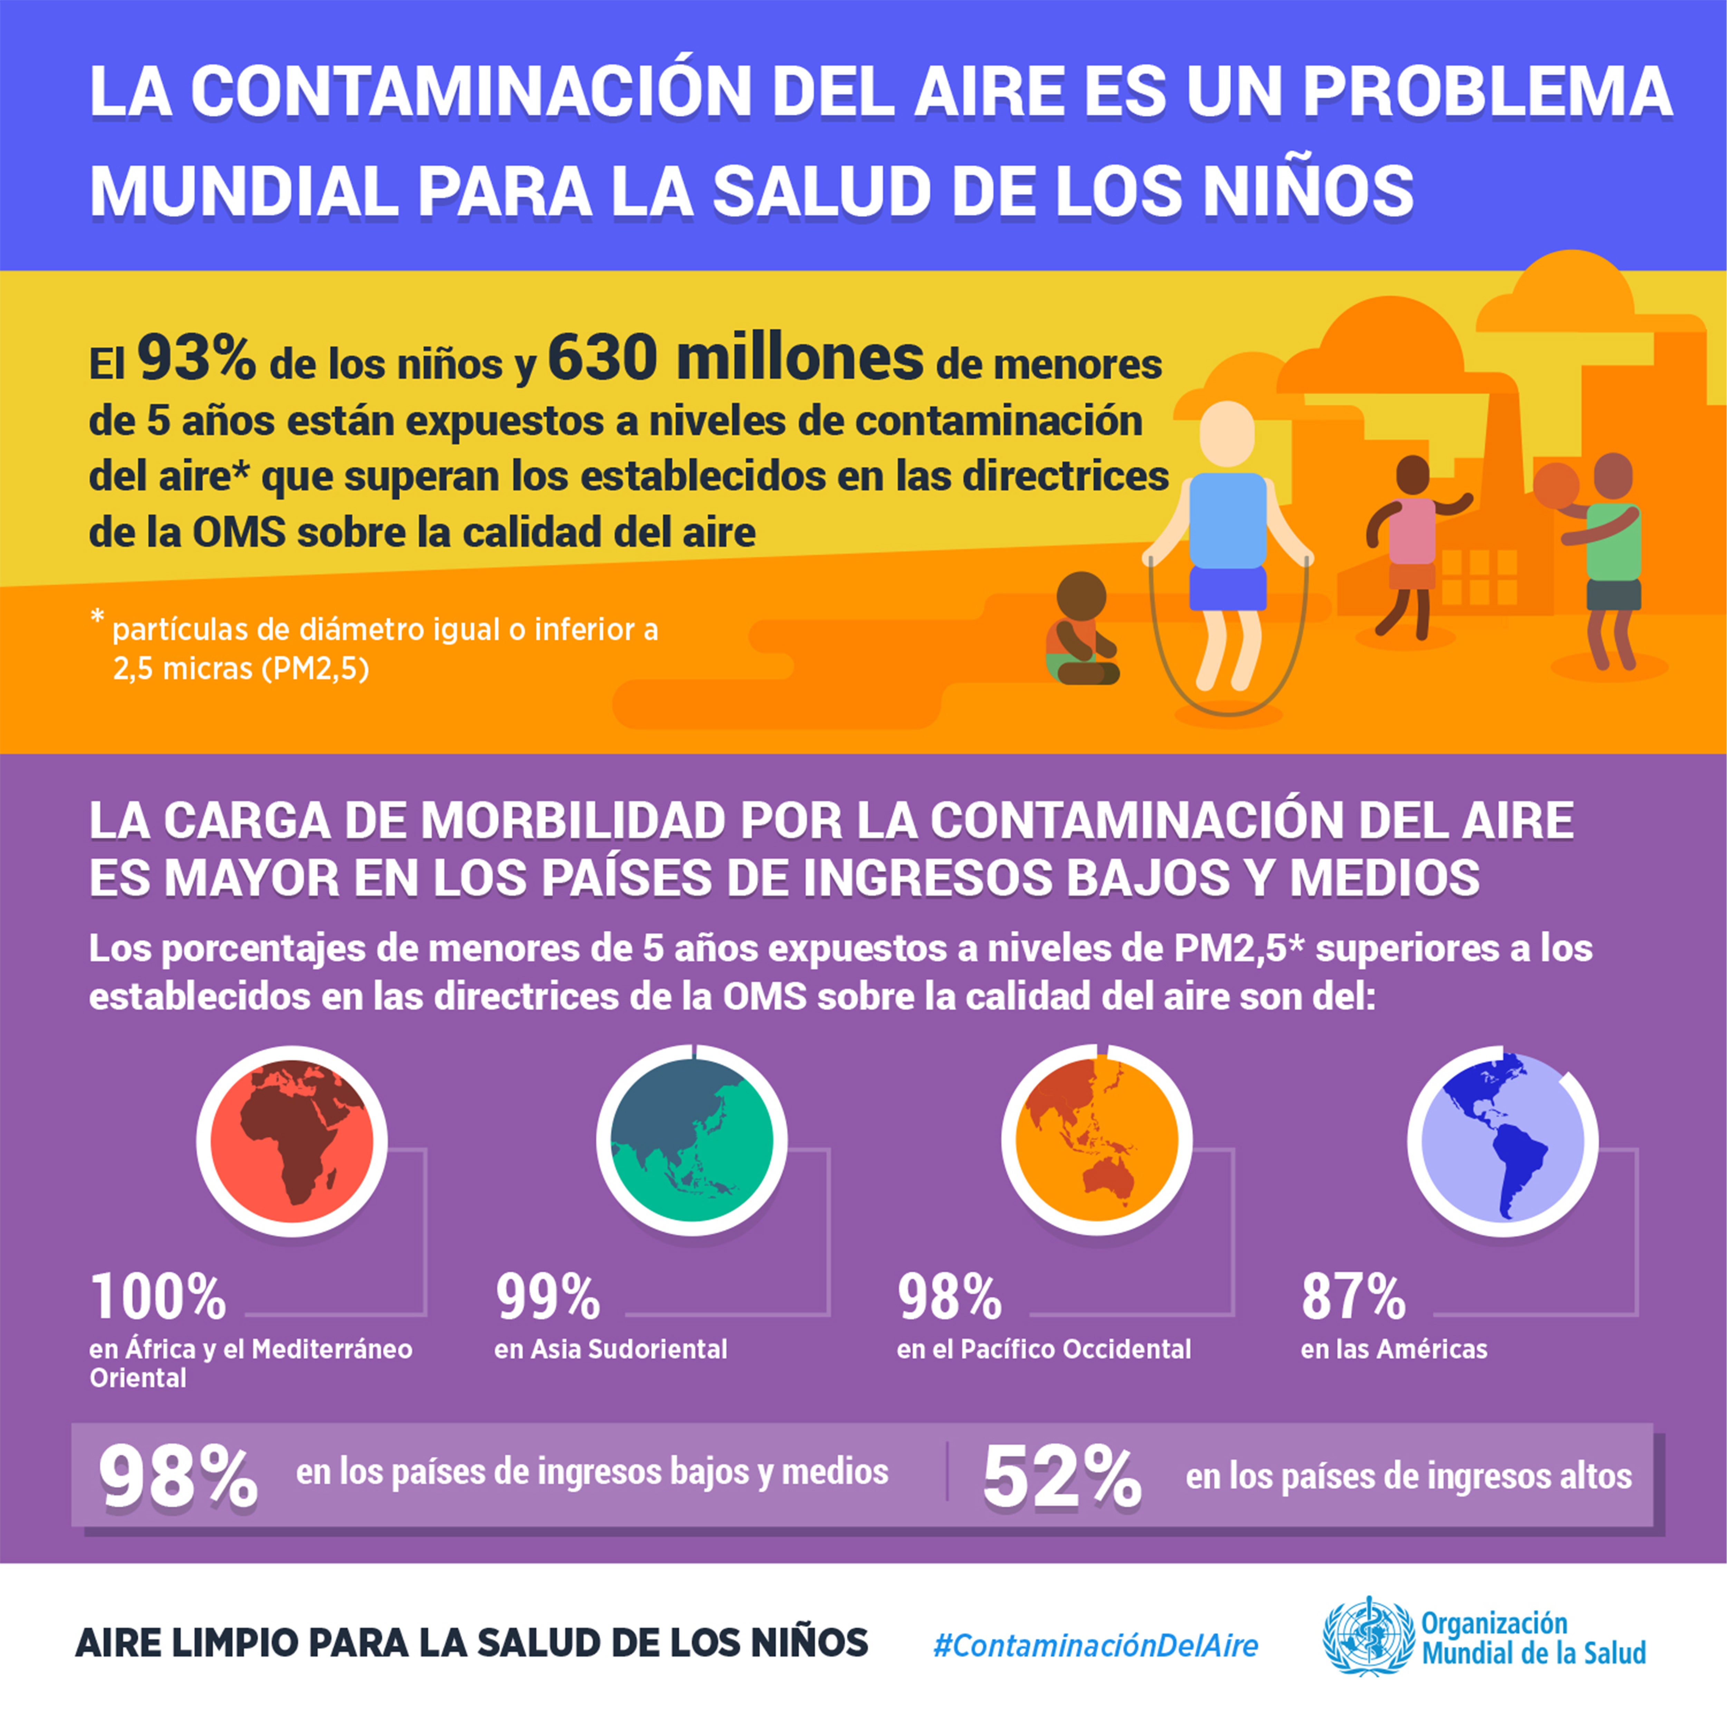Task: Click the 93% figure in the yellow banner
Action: click(x=196, y=358)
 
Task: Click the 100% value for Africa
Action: click(x=158, y=1298)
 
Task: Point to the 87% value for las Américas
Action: click(x=1353, y=1298)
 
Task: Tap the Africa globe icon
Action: click(x=291, y=1141)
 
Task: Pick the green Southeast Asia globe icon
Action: click(x=691, y=1141)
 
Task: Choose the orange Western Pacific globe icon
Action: click(x=1096, y=1141)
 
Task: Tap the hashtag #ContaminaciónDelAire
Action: click(x=1095, y=1645)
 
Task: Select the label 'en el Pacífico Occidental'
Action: click(x=1043, y=1349)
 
